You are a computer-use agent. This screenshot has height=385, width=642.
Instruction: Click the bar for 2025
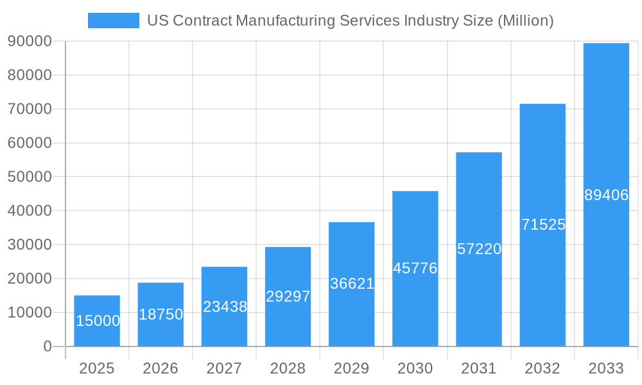click(97, 305)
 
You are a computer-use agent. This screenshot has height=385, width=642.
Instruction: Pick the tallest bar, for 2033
click(606, 128)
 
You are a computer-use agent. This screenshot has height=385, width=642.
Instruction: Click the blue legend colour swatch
click(114, 21)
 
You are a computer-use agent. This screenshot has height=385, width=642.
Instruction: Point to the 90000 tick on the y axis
click(30, 41)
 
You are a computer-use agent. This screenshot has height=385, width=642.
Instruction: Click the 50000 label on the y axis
click(30, 176)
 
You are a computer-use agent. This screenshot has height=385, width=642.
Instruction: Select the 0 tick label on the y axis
click(47, 346)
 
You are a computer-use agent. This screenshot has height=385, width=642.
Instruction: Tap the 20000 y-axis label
click(30, 278)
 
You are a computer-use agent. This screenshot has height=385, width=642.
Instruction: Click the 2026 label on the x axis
click(160, 368)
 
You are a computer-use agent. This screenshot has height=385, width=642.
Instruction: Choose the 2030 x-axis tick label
click(415, 368)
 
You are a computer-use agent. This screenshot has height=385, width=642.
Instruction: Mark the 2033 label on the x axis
click(606, 368)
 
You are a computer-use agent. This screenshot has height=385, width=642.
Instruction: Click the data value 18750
click(160, 314)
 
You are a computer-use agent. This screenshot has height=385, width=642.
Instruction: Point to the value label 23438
click(225, 307)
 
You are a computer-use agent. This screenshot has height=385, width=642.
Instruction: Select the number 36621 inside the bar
click(352, 284)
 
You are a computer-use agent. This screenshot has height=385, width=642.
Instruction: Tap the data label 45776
click(415, 268)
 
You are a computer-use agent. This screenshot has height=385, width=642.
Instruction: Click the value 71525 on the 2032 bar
click(543, 225)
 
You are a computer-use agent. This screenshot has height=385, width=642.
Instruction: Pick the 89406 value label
click(606, 195)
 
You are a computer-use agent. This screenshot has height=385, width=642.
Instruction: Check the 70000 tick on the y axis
click(30, 109)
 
